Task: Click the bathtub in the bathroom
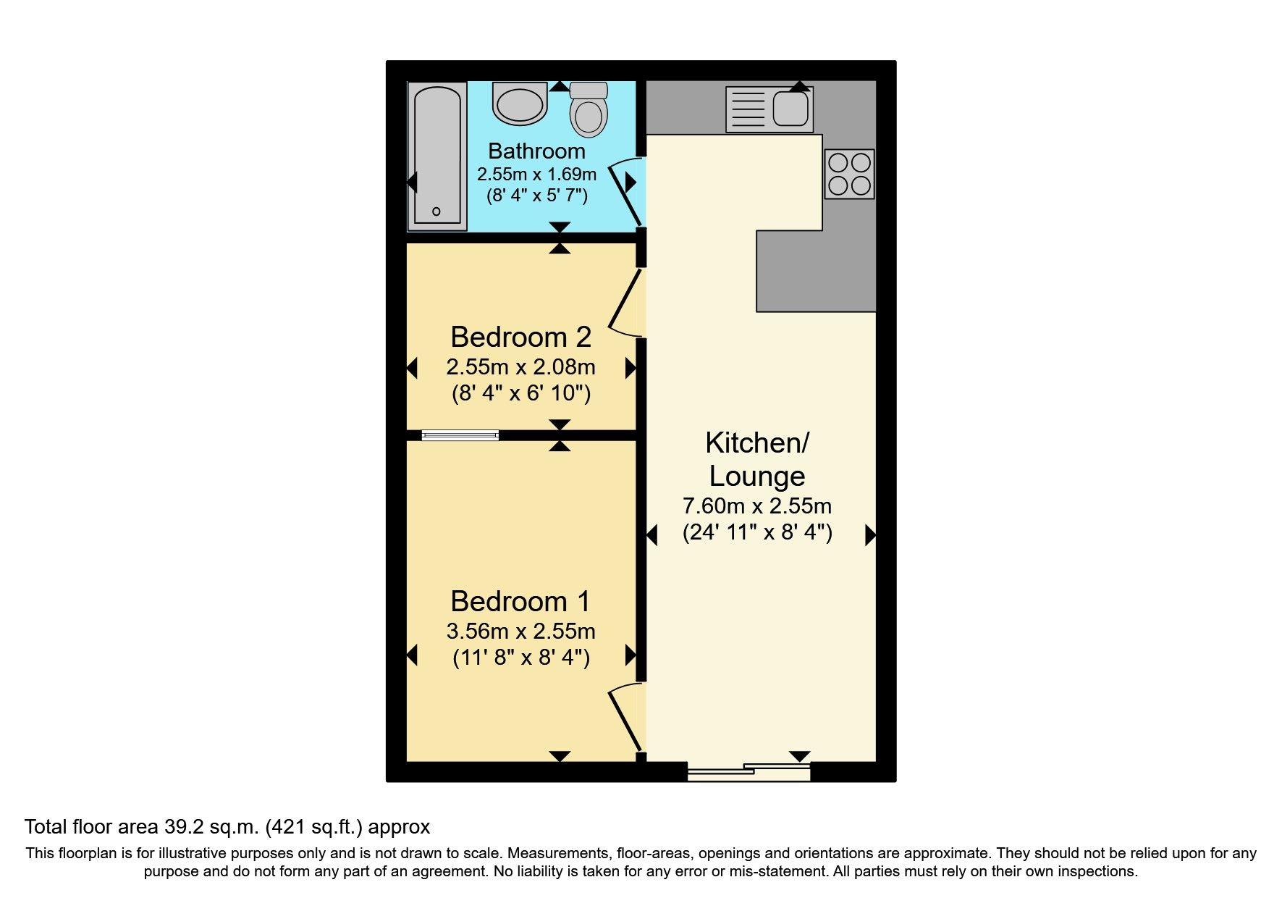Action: point(437,156)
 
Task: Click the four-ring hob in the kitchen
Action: point(849,174)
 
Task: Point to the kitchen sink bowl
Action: point(790,109)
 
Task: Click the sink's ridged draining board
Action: point(747,109)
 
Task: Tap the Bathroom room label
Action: point(536,151)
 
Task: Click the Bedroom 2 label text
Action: point(520,337)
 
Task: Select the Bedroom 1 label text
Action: point(520,601)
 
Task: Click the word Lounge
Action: point(756,476)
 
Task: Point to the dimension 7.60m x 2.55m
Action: point(756,505)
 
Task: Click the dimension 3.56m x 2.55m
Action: point(520,631)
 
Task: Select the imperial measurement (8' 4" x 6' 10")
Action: point(520,393)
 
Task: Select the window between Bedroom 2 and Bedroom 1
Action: point(460,435)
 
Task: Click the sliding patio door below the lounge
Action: point(748,772)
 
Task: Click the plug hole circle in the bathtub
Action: point(436,211)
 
